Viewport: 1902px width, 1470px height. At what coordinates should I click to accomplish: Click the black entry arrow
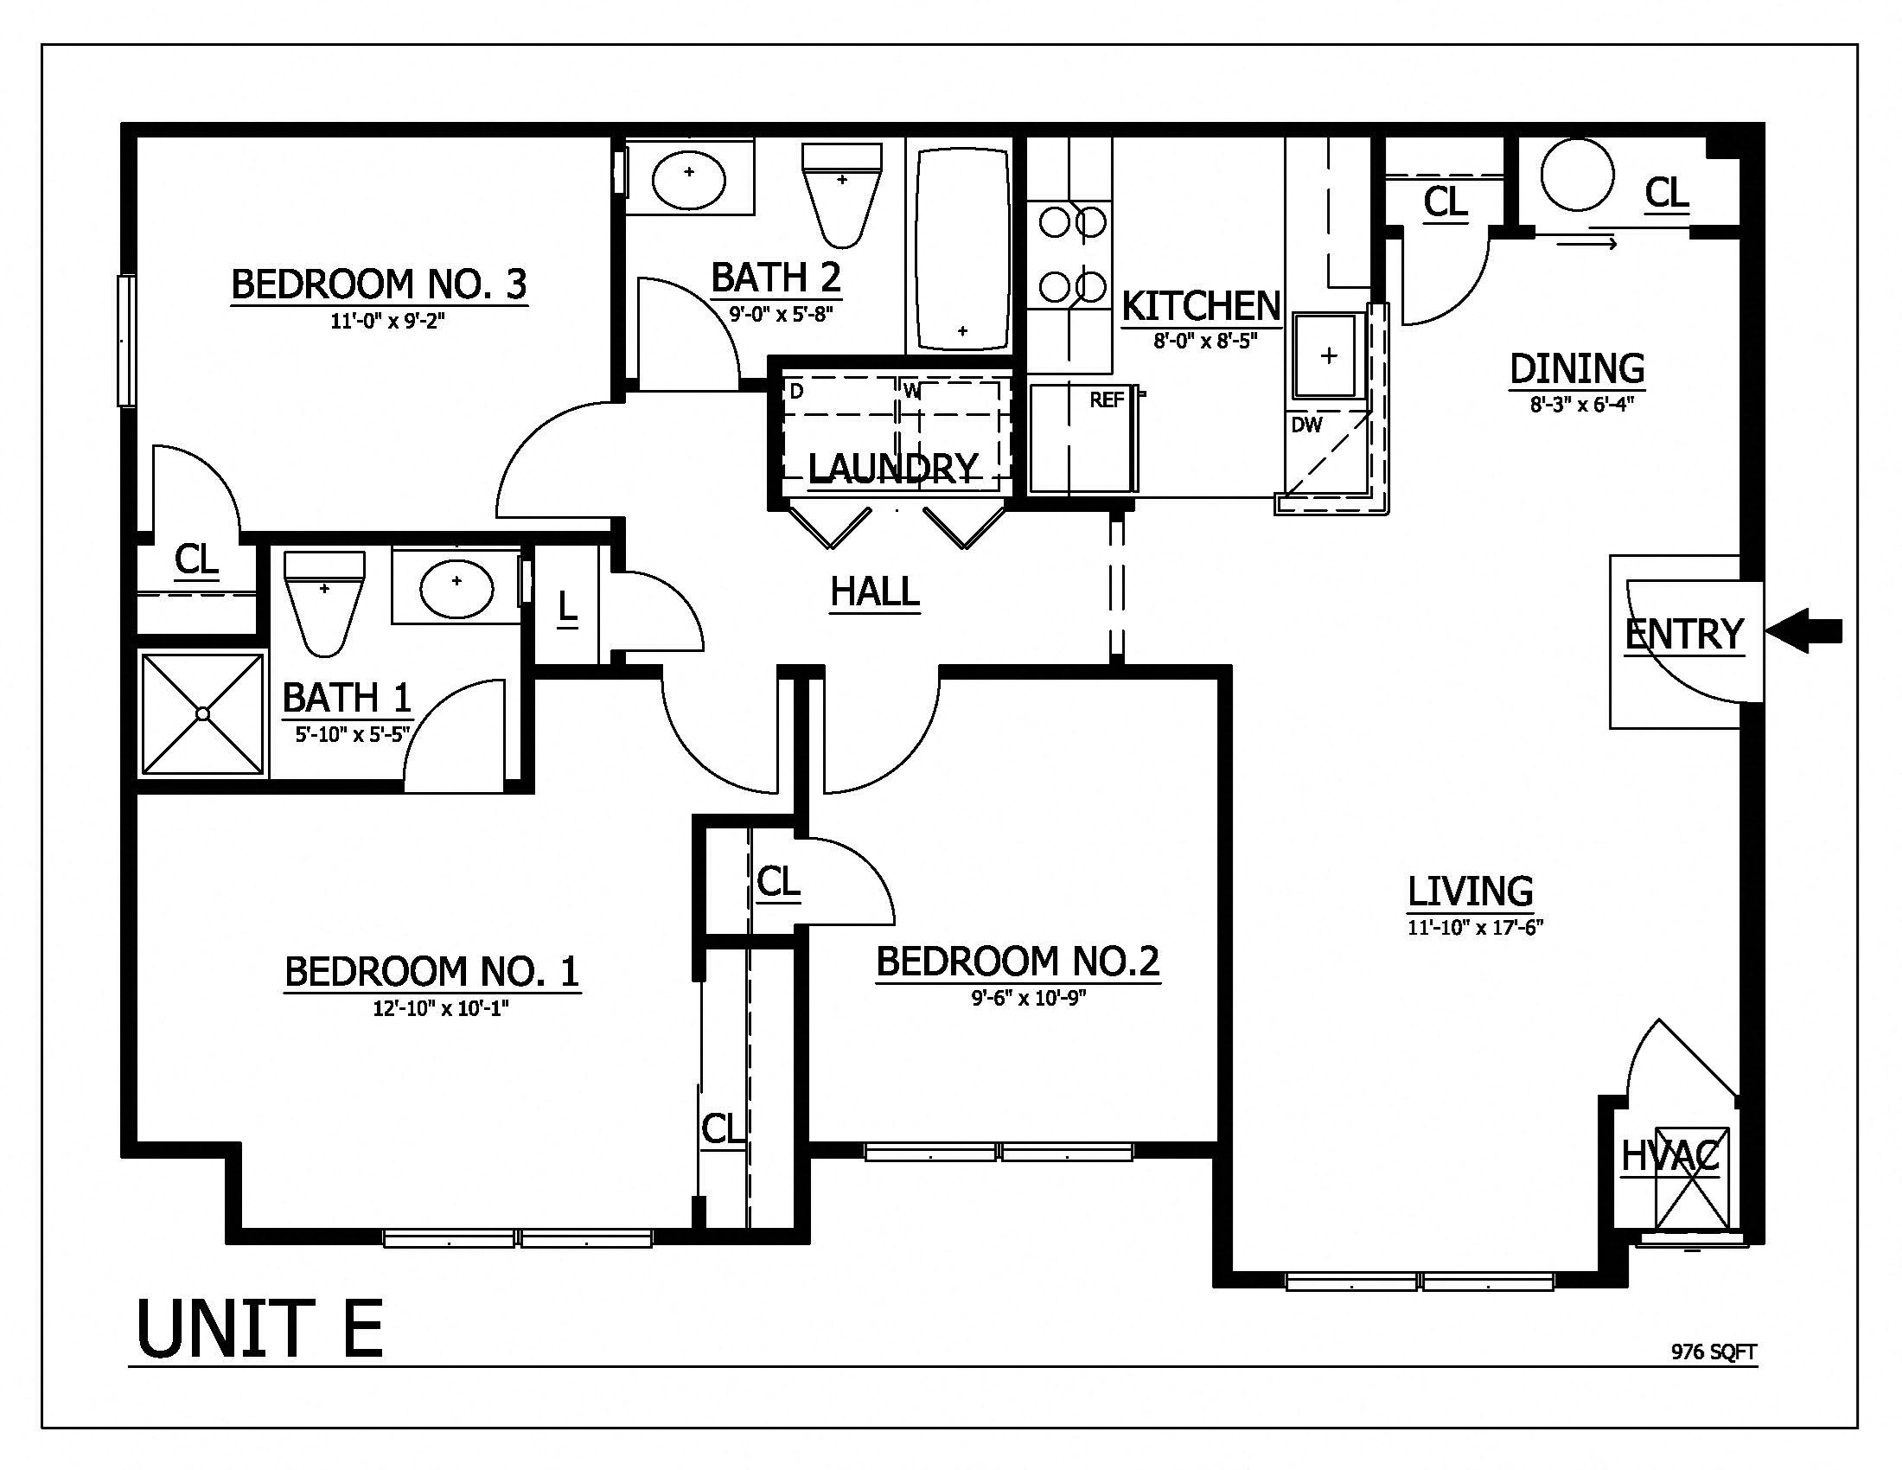(x=1804, y=630)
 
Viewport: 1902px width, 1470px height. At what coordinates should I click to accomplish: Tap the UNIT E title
(x=259, y=1329)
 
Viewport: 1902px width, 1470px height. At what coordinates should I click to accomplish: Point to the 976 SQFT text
(x=1713, y=1352)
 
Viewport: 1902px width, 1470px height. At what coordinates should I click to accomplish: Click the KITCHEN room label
(x=1201, y=307)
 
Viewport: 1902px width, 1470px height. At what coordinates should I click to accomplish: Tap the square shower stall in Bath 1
(x=203, y=714)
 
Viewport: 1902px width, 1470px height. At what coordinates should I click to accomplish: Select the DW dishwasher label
(x=1306, y=425)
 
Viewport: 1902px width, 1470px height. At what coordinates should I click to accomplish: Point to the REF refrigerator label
(x=1107, y=400)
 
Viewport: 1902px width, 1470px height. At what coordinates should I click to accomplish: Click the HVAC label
(x=1670, y=1156)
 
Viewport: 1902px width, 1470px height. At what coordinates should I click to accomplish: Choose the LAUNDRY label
(x=894, y=469)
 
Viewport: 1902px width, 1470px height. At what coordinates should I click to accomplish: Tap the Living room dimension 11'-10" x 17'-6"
(x=1475, y=928)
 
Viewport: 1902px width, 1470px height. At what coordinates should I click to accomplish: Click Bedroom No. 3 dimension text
(x=386, y=322)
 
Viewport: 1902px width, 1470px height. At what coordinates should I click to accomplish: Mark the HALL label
(x=874, y=592)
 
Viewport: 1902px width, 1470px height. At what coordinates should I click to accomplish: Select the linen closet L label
(x=567, y=607)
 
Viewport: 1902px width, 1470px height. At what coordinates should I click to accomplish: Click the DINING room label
(x=1576, y=368)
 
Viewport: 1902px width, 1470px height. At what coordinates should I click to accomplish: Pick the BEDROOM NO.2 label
(x=1018, y=962)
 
